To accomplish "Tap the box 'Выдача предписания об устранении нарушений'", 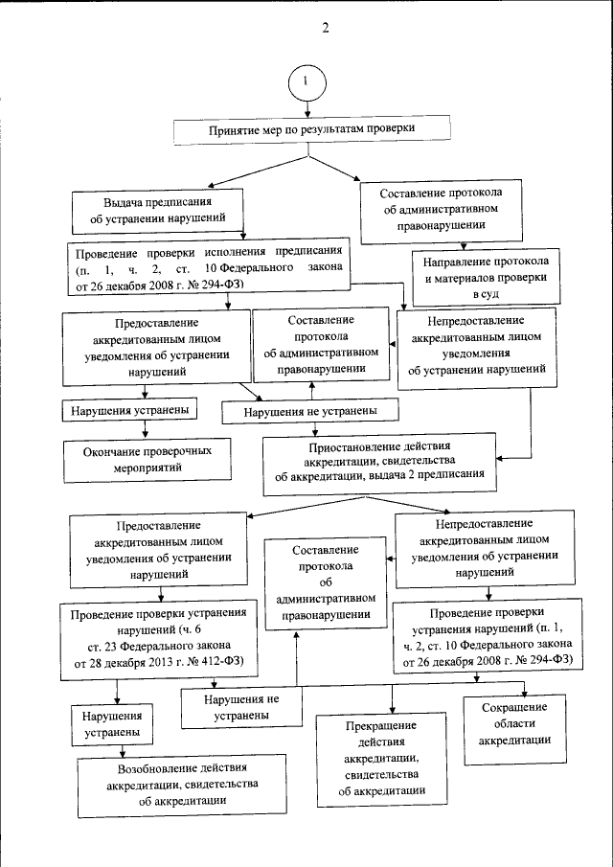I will point(158,211).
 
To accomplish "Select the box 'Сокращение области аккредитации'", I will point(513,731).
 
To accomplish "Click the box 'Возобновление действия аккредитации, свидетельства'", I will point(182,785).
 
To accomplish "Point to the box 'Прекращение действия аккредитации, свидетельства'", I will point(381,759).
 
